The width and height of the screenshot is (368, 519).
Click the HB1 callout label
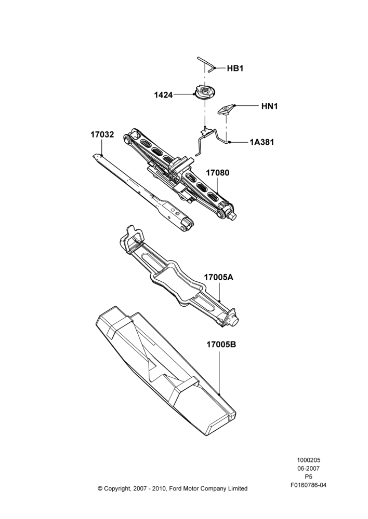pyautogui.click(x=235, y=69)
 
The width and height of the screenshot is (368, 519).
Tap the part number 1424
pyautogui.click(x=163, y=95)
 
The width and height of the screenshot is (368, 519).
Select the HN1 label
pyautogui.click(x=270, y=106)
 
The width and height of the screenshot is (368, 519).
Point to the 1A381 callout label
pyautogui.click(x=262, y=142)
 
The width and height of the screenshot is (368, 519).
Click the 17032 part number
pyautogui.click(x=102, y=135)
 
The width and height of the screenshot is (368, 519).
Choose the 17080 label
pyautogui.click(x=217, y=173)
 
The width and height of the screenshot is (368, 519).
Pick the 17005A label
pyautogui.click(x=218, y=277)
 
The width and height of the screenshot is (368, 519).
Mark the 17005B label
pyautogui.click(x=221, y=345)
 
